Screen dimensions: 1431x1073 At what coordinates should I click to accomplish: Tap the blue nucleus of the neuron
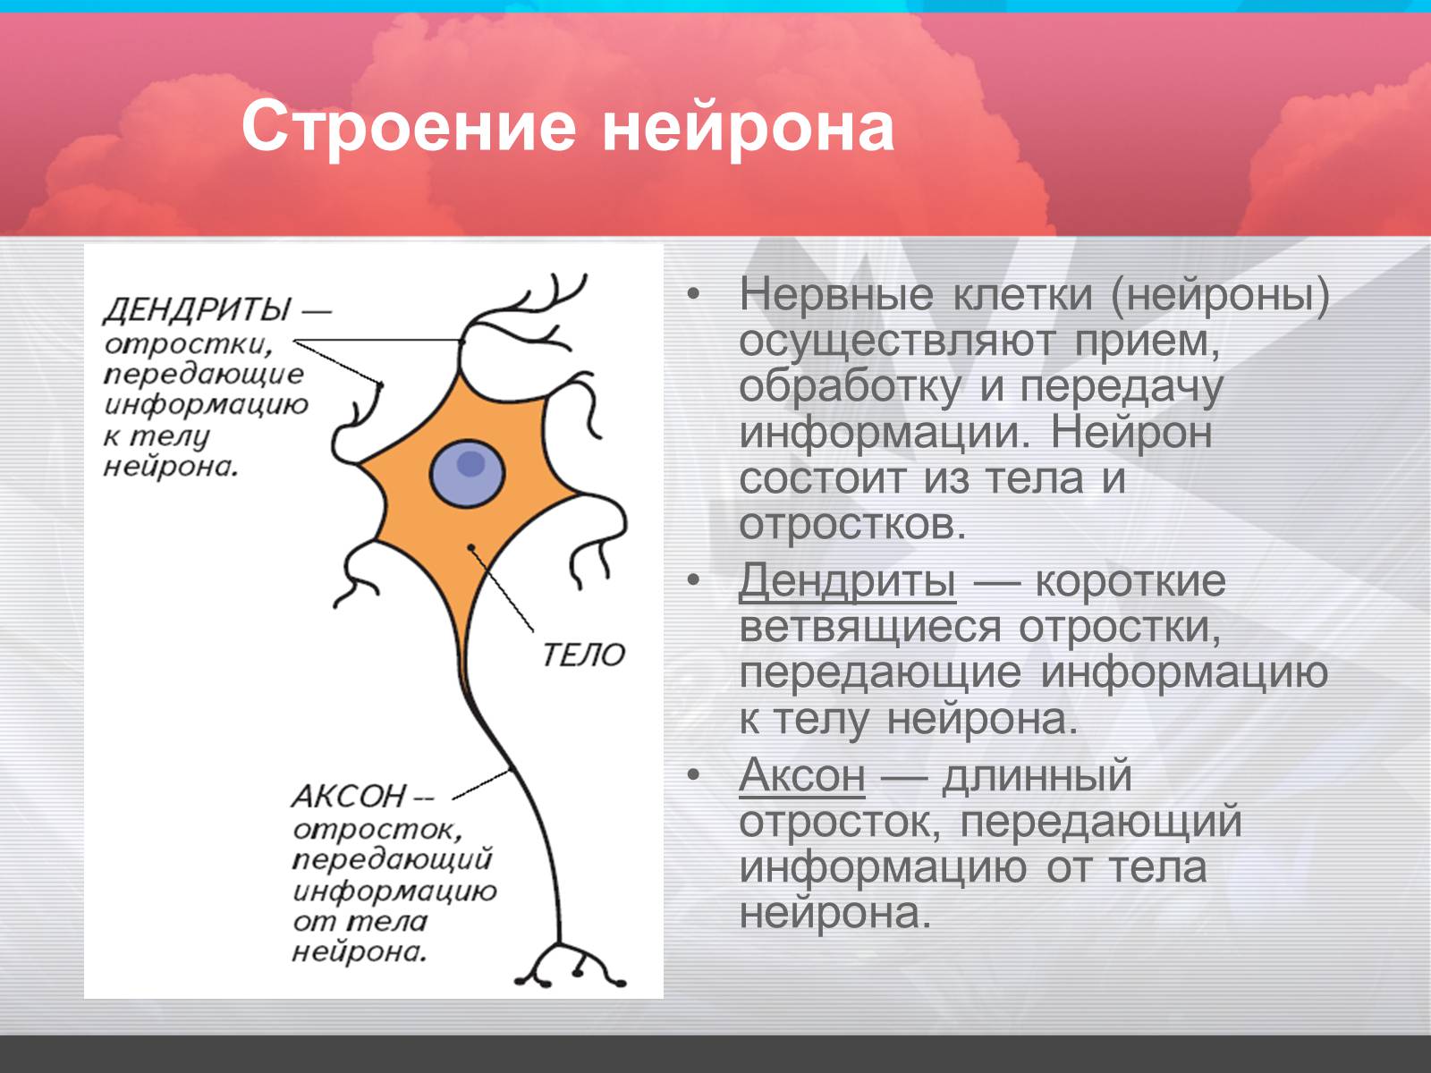[x=467, y=474]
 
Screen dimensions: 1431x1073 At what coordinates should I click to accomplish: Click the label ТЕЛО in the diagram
[x=584, y=655]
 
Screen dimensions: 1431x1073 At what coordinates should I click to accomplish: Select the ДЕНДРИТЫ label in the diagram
[x=196, y=308]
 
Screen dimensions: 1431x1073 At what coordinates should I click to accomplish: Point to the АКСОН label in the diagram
[x=350, y=796]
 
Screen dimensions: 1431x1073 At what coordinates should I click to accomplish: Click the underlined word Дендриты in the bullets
[x=847, y=579]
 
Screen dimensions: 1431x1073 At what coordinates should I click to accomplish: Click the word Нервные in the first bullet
[x=836, y=294]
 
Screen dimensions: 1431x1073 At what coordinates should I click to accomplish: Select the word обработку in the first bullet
[x=851, y=388]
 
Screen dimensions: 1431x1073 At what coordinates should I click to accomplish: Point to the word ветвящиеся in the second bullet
[x=869, y=628]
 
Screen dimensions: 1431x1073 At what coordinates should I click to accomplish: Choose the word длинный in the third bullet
[x=1037, y=776]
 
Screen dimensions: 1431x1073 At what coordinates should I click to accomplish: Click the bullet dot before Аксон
[x=693, y=774]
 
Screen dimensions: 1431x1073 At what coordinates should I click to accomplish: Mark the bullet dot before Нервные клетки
[x=693, y=294]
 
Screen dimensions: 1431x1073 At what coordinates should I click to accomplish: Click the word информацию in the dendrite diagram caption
[x=206, y=405]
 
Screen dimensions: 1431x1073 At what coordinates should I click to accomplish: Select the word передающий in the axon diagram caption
[x=392, y=860]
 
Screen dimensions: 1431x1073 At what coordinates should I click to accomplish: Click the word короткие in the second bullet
[x=1130, y=580]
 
